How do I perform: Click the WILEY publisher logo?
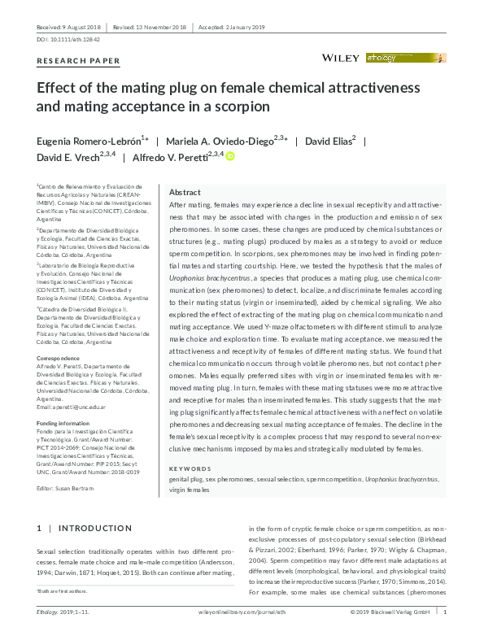tap(342, 58)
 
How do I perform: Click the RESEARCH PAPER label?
tap(79, 61)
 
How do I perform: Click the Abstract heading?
tap(184, 193)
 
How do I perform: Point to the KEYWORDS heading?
tap(190, 469)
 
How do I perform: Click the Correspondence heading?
tap(59, 358)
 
